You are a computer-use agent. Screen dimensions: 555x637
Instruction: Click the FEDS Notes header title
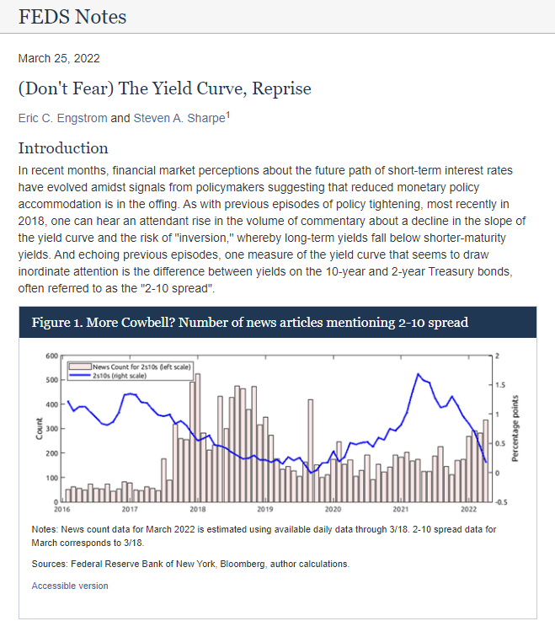[72, 17]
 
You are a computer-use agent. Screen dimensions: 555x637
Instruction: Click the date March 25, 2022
[59, 58]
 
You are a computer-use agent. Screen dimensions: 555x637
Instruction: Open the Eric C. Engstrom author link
[63, 118]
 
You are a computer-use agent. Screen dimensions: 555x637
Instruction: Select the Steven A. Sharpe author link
[179, 118]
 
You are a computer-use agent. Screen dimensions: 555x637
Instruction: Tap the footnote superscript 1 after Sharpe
[228, 115]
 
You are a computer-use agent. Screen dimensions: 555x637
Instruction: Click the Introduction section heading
[63, 148]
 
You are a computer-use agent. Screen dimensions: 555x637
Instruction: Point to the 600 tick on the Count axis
[52, 356]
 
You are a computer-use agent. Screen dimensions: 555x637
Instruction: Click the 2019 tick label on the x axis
[265, 509]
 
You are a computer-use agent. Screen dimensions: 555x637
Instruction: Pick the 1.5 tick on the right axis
[500, 385]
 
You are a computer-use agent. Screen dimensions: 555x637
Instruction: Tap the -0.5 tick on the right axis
[501, 502]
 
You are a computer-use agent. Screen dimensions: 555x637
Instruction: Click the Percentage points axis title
[515, 428]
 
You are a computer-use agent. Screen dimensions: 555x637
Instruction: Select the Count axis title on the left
[40, 429]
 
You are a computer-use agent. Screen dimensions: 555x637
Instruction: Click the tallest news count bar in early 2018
[198, 437]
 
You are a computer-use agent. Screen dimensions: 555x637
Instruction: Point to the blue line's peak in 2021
[419, 374]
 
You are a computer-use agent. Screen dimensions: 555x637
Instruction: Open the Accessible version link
[70, 586]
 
